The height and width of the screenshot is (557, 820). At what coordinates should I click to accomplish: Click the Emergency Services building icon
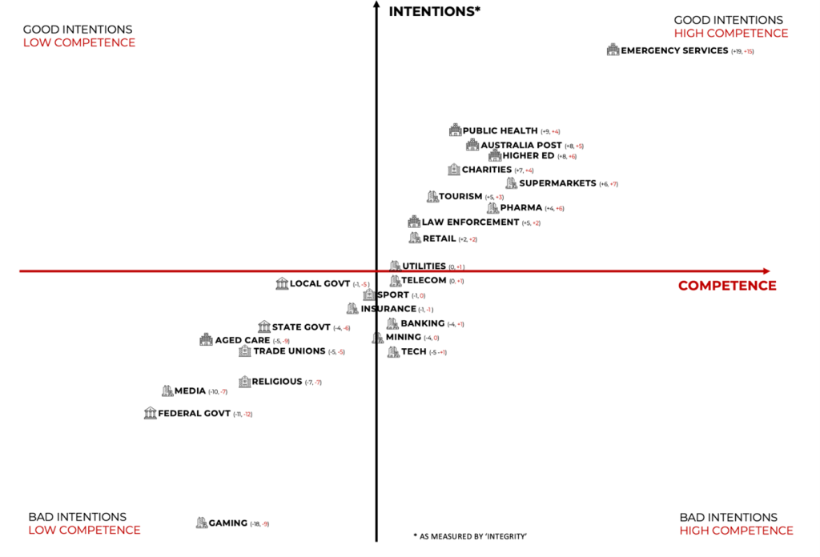[613, 50]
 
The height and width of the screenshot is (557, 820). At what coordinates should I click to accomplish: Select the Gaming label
[228, 523]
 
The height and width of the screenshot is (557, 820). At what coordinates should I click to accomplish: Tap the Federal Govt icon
[150, 413]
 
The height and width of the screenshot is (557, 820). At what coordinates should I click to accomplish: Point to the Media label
[190, 391]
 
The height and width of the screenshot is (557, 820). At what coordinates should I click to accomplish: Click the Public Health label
[500, 130]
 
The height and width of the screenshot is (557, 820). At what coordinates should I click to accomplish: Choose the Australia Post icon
[472, 145]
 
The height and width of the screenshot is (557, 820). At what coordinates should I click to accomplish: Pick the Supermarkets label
[557, 183]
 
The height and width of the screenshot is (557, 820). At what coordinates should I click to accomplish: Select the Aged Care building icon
[206, 340]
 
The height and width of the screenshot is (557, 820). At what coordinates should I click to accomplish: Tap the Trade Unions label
[289, 351]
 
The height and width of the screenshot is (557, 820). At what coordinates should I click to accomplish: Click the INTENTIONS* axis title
[433, 11]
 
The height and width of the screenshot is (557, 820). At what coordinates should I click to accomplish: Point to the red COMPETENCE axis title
[727, 286]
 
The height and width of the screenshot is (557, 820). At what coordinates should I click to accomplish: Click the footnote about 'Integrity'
[470, 536]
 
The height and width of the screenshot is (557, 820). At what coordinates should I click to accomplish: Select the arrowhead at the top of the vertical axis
[376, 6]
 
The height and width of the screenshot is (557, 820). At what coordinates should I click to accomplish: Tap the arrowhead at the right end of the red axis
[766, 271]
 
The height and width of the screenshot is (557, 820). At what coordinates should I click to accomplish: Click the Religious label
[276, 382]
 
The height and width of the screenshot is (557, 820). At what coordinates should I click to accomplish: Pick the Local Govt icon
[282, 284]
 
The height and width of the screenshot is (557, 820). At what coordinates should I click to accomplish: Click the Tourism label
[460, 197]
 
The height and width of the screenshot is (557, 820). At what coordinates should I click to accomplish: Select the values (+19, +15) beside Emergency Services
[742, 51]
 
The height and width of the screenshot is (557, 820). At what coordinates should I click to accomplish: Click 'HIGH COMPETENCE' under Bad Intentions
[736, 531]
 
